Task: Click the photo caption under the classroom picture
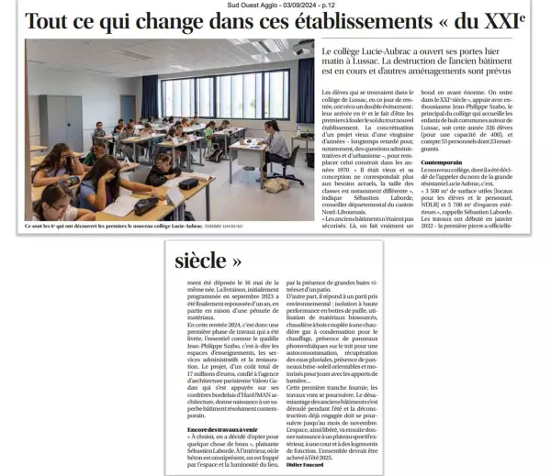pyautogui.click(x=134, y=226)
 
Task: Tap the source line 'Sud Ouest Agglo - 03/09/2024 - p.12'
pyautogui.click(x=275, y=5)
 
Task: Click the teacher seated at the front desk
pyautogui.click(x=273, y=144)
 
